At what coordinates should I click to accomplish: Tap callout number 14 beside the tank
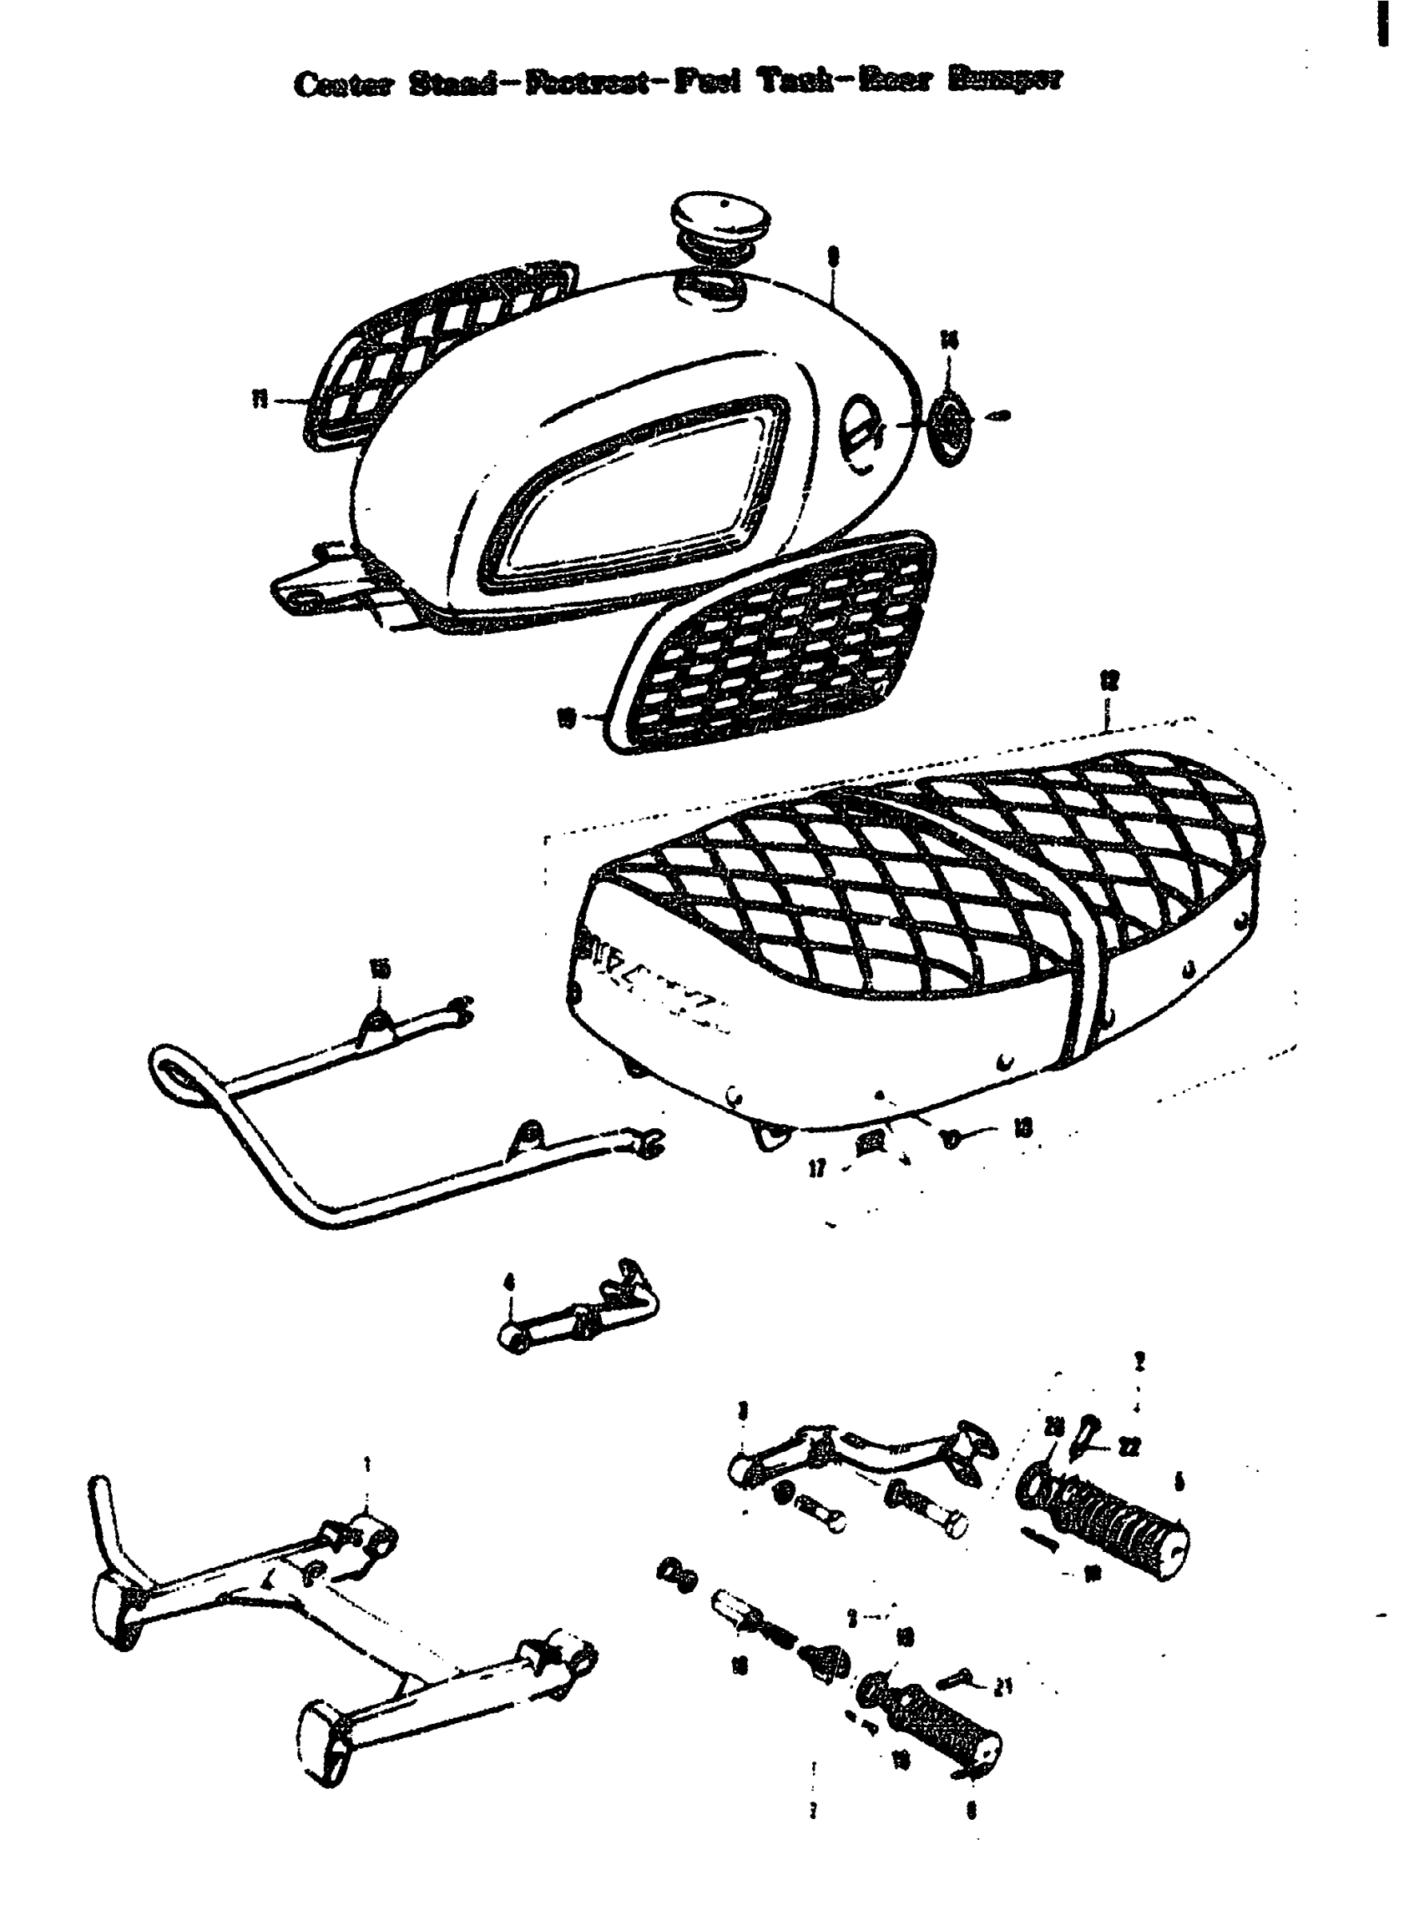pyautogui.click(x=948, y=341)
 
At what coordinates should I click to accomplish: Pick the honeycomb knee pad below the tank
pyautogui.click(x=773, y=644)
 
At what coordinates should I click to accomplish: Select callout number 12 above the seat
pyautogui.click(x=1109, y=681)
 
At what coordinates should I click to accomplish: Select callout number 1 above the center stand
pyautogui.click(x=367, y=1463)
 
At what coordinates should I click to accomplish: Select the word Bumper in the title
pyautogui.click(x=1005, y=80)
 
